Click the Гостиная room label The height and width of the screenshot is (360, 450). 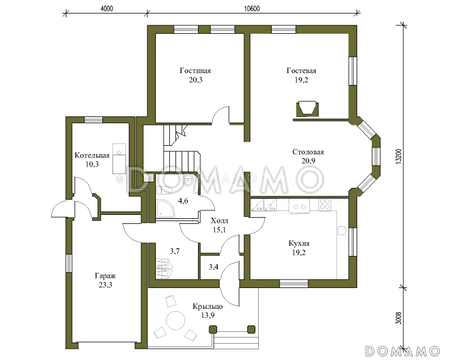pos(195,71)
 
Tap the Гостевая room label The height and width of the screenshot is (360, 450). pos(301,71)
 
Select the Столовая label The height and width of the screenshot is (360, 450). pos(308,152)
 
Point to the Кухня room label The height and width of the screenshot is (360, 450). pos(299,244)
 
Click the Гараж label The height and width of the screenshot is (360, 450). pos(105,276)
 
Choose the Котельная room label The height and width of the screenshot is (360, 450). pos(92,156)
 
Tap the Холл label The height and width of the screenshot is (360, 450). pos(219,220)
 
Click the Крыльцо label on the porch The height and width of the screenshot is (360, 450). pos(208,307)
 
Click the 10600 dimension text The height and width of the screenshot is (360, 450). pos(252,8)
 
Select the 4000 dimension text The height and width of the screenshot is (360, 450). pos(107,8)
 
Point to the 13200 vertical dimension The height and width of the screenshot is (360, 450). pos(398,156)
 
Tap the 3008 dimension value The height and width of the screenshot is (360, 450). pos(398,318)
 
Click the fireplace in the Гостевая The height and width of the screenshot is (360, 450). pos(307,109)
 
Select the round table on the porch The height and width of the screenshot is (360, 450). pos(176,321)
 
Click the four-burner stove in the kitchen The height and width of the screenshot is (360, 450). pos(325,204)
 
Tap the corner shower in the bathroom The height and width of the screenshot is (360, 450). pos(165,209)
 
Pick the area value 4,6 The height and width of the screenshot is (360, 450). pos(183,201)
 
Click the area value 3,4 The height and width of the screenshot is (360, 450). pos(213,267)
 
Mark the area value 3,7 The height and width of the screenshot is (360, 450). pos(175,251)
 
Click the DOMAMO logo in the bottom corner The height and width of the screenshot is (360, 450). pos(403,351)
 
